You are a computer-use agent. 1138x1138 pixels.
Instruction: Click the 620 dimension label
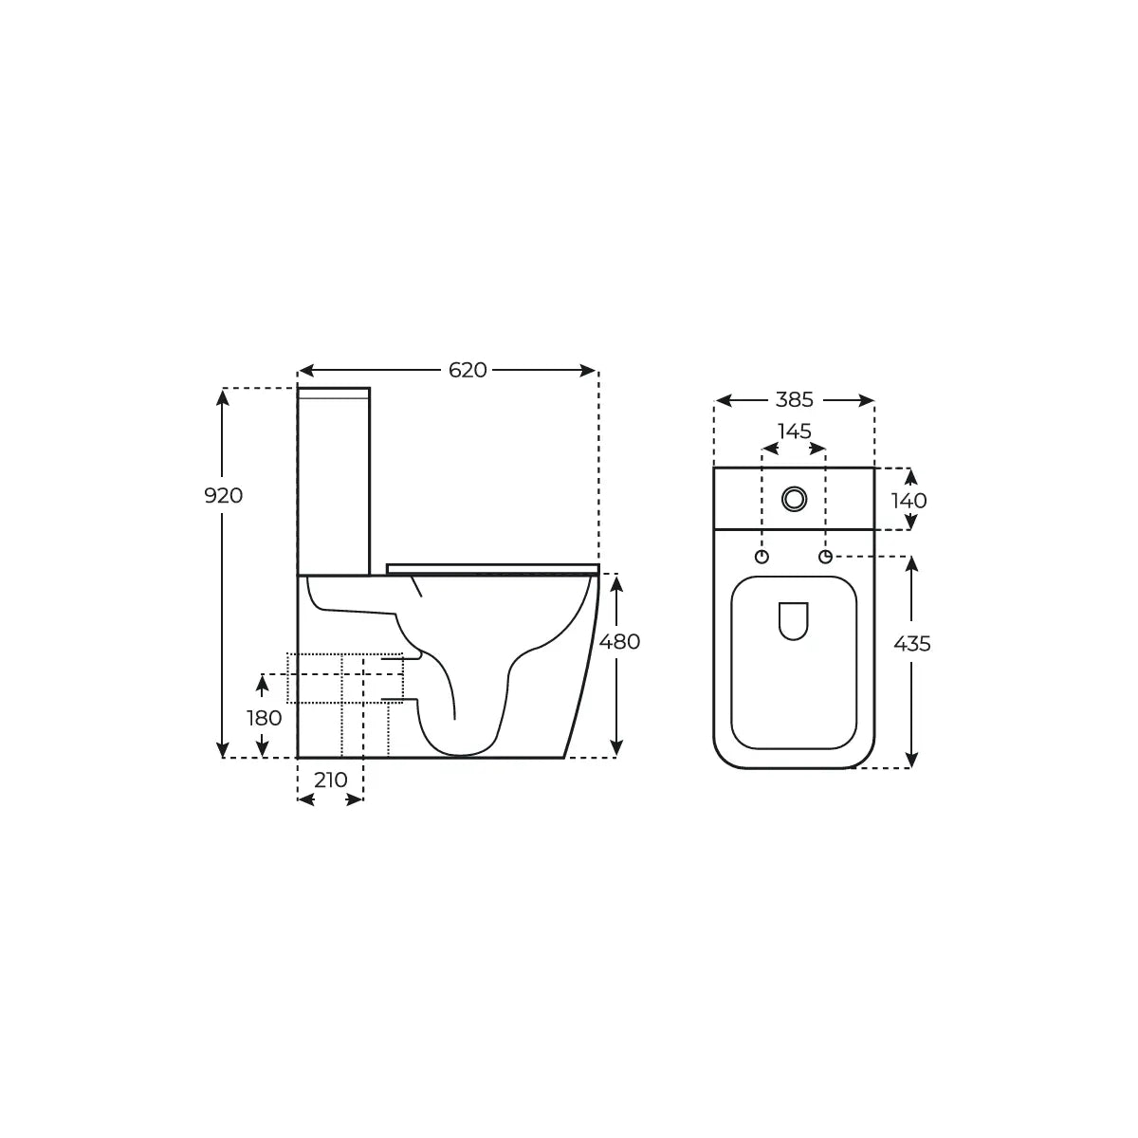468,370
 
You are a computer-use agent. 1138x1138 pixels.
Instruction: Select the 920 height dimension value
224,495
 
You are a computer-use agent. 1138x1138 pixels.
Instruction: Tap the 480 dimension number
620,641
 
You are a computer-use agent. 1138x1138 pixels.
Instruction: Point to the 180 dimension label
265,718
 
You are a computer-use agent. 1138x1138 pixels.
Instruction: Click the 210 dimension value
330,780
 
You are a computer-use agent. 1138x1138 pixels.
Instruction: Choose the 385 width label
794,400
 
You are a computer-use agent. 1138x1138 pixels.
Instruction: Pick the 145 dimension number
794,431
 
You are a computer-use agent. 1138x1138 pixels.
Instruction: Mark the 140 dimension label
909,500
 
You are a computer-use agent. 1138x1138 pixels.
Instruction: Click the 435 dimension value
912,644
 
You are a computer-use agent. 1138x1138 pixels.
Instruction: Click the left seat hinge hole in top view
762,556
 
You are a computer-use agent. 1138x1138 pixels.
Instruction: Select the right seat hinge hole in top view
826,556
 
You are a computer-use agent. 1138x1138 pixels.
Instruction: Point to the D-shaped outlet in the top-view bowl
793,620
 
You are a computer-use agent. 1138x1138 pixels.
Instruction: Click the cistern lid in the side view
334,393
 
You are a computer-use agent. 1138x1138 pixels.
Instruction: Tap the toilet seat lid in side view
492,568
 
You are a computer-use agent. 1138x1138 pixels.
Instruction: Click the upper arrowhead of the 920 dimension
224,397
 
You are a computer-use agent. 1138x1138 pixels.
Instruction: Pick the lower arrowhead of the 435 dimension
911,760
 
